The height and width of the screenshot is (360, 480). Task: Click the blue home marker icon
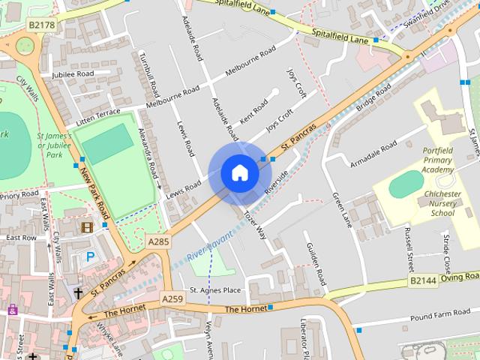click(239, 172)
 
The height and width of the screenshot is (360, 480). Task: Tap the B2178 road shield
click(43, 25)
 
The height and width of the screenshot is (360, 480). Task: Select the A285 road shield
click(158, 241)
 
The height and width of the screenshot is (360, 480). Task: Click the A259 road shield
click(172, 298)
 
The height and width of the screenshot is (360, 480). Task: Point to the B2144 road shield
click(422, 280)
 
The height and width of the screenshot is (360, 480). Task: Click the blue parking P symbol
click(91, 256)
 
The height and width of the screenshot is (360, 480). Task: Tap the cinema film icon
click(87, 226)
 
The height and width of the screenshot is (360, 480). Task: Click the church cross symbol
click(78, 292)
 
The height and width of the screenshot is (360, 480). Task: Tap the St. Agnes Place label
click(215, 289)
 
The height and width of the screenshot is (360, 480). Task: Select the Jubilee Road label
click(73, 74)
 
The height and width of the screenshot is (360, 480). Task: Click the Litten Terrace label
click(97, 116)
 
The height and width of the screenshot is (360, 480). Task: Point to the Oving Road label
click(460, 276)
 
